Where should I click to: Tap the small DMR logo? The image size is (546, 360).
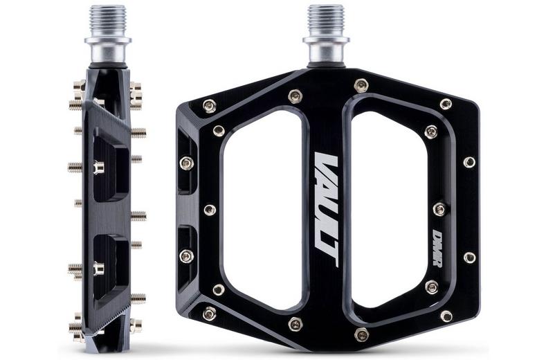[x=438, y=248]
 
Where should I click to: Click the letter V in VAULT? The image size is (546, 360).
[x=324, y=166]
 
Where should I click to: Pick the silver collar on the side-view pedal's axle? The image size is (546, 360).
[x=107, y=51]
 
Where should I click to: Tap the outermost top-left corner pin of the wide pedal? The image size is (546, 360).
[x=208, y=105]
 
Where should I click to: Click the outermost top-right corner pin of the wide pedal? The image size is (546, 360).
[x=446, y=104]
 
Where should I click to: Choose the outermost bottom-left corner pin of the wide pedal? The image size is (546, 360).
[x=208, y=314]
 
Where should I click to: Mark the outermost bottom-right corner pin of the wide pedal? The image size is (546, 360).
[x=446, y=316]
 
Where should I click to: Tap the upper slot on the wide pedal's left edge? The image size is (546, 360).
[x=186, y=163]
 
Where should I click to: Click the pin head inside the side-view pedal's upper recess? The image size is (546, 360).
[x=98, y=168]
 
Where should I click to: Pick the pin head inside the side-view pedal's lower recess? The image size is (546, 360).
[x=98, y=267]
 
